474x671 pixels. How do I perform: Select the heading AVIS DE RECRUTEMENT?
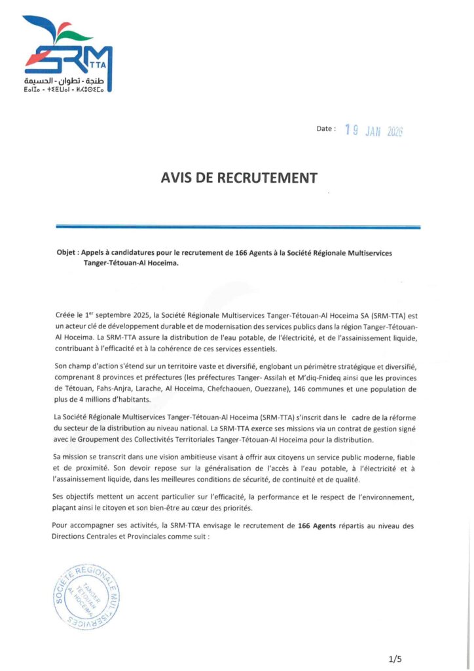[239, 178]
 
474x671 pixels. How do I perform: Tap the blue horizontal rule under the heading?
[238, 227]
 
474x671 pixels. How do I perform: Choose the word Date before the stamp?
[325, 129]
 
